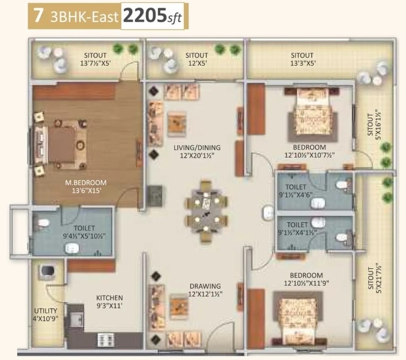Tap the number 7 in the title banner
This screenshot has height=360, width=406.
click(38, 15)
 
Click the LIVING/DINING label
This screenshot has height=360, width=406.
click(197, 147)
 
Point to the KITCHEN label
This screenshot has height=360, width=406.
click(109, 297)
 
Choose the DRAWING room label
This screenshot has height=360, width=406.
click(205, 286)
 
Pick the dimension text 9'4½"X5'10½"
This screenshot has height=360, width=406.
click(84, 235)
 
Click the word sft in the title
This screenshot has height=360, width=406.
click(175, 18)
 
